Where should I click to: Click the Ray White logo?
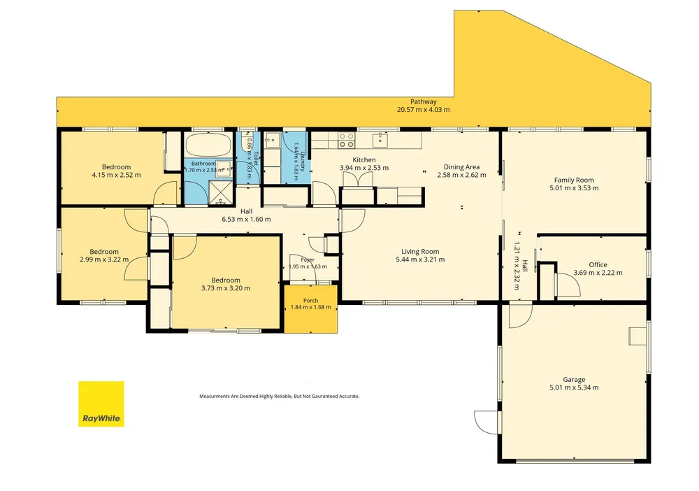pyautogui.click(x=101, y=404)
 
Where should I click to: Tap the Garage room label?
pyautogui.click(x=574, y=380)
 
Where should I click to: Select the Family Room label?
pyautogui.click(x=574, y=180)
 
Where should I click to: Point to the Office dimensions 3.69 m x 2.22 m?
pyautogui.click(x=598, y=273)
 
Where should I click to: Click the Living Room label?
pyautogui.click(x=420, y=252)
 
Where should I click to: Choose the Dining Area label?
pyautogui.click(x=461, y=167)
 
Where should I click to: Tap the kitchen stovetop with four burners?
pyautogui.click(x=346, y=140)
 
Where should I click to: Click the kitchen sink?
pyautogui.click(x=380, y=140)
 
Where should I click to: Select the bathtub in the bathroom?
pyautogui.click(x=208, y=145)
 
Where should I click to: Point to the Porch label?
pyautogui.click(x=311, y=301)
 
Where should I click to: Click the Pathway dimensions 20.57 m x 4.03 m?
pyautogui.click(x=423, y=109)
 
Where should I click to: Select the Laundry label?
pyautogui.click(x=303, y=162)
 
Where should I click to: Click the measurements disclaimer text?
pyautogui.click(x=279, y=396)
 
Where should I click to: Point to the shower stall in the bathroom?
pyautogui.click(x=221, y=192)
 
